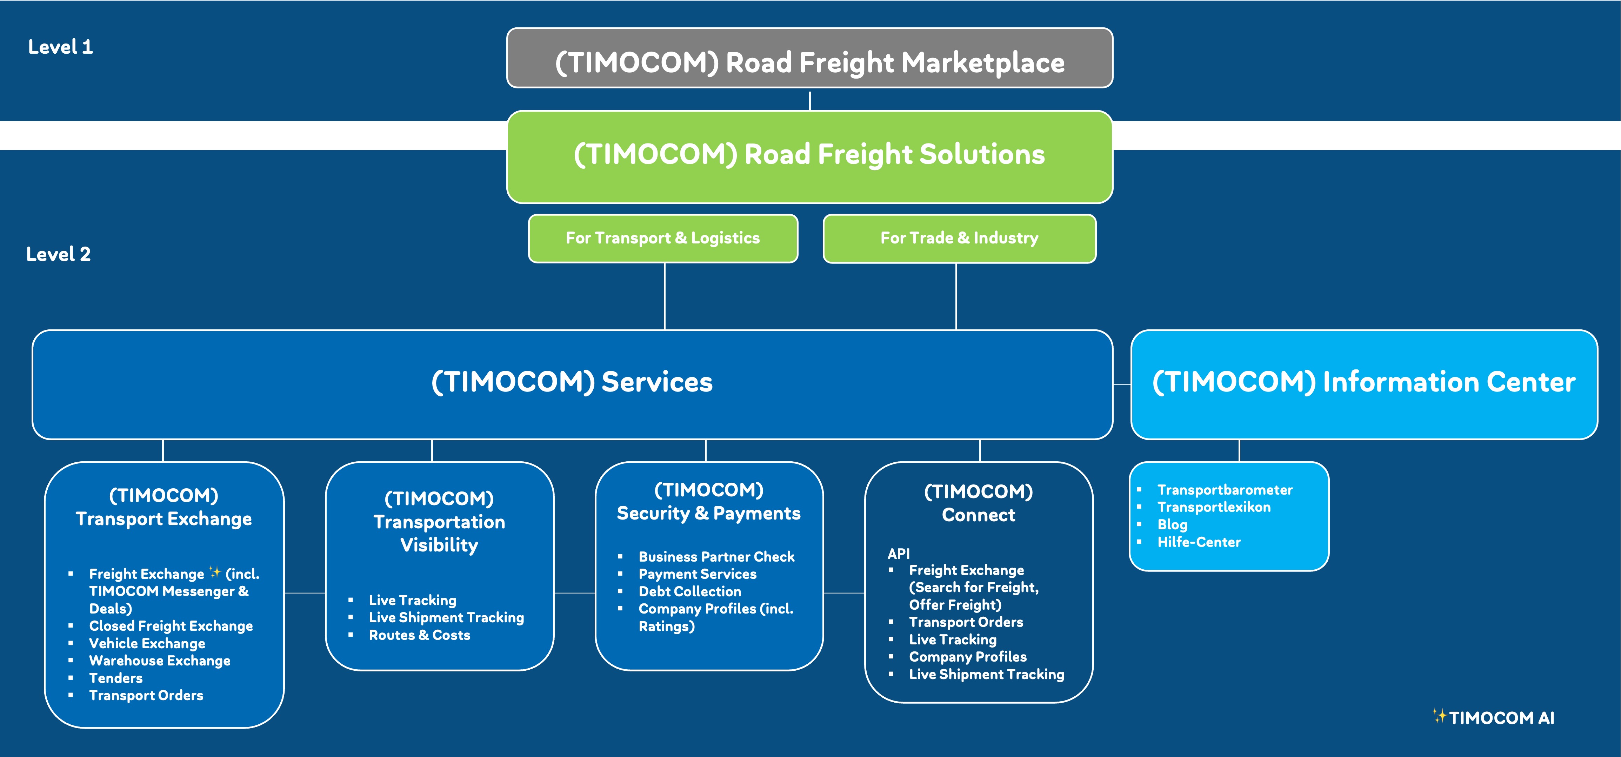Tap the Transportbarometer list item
pos(1225,490)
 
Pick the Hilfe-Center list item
pos(1199,542)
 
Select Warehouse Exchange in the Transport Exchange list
pos(160,661)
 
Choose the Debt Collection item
pos(690,591)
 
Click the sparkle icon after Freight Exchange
pos(215,572)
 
